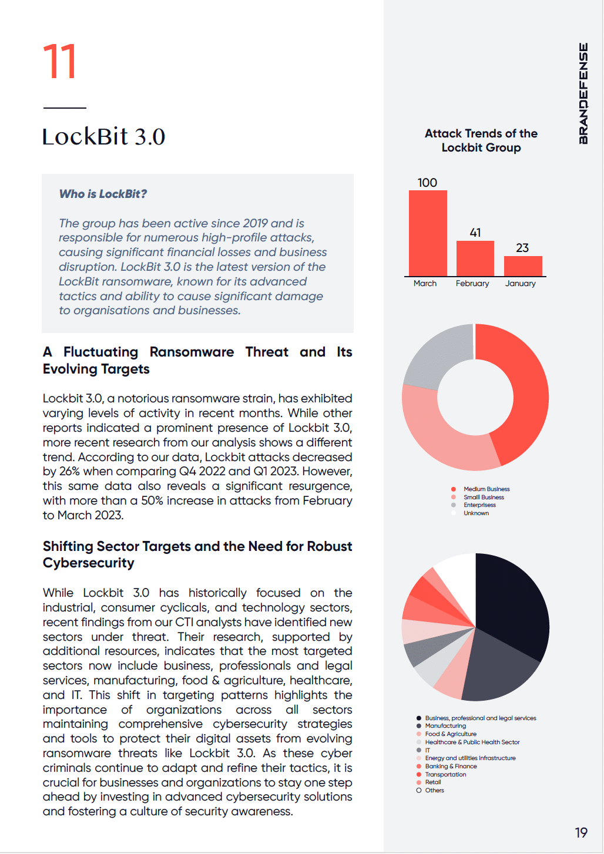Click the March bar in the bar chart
tap(428, 233)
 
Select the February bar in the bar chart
tap(475, 258)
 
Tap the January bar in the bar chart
tap(523, 266)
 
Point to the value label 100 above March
tap(427, 183)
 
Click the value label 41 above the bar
tap(475, 233)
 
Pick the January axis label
tap(521, 284)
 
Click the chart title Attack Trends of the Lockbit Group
tap(481, 141)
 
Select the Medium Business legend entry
tap(486, 489)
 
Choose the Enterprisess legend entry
tap(479, 505)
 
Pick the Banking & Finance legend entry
tap(451, 766)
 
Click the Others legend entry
tap(434, 791)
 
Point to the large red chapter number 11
tap(60, 62)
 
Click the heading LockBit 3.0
tap(103, 137)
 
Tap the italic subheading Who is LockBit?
tap(103, 194)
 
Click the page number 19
tap(581, 833)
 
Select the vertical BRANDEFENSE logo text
tap(583, 93)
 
